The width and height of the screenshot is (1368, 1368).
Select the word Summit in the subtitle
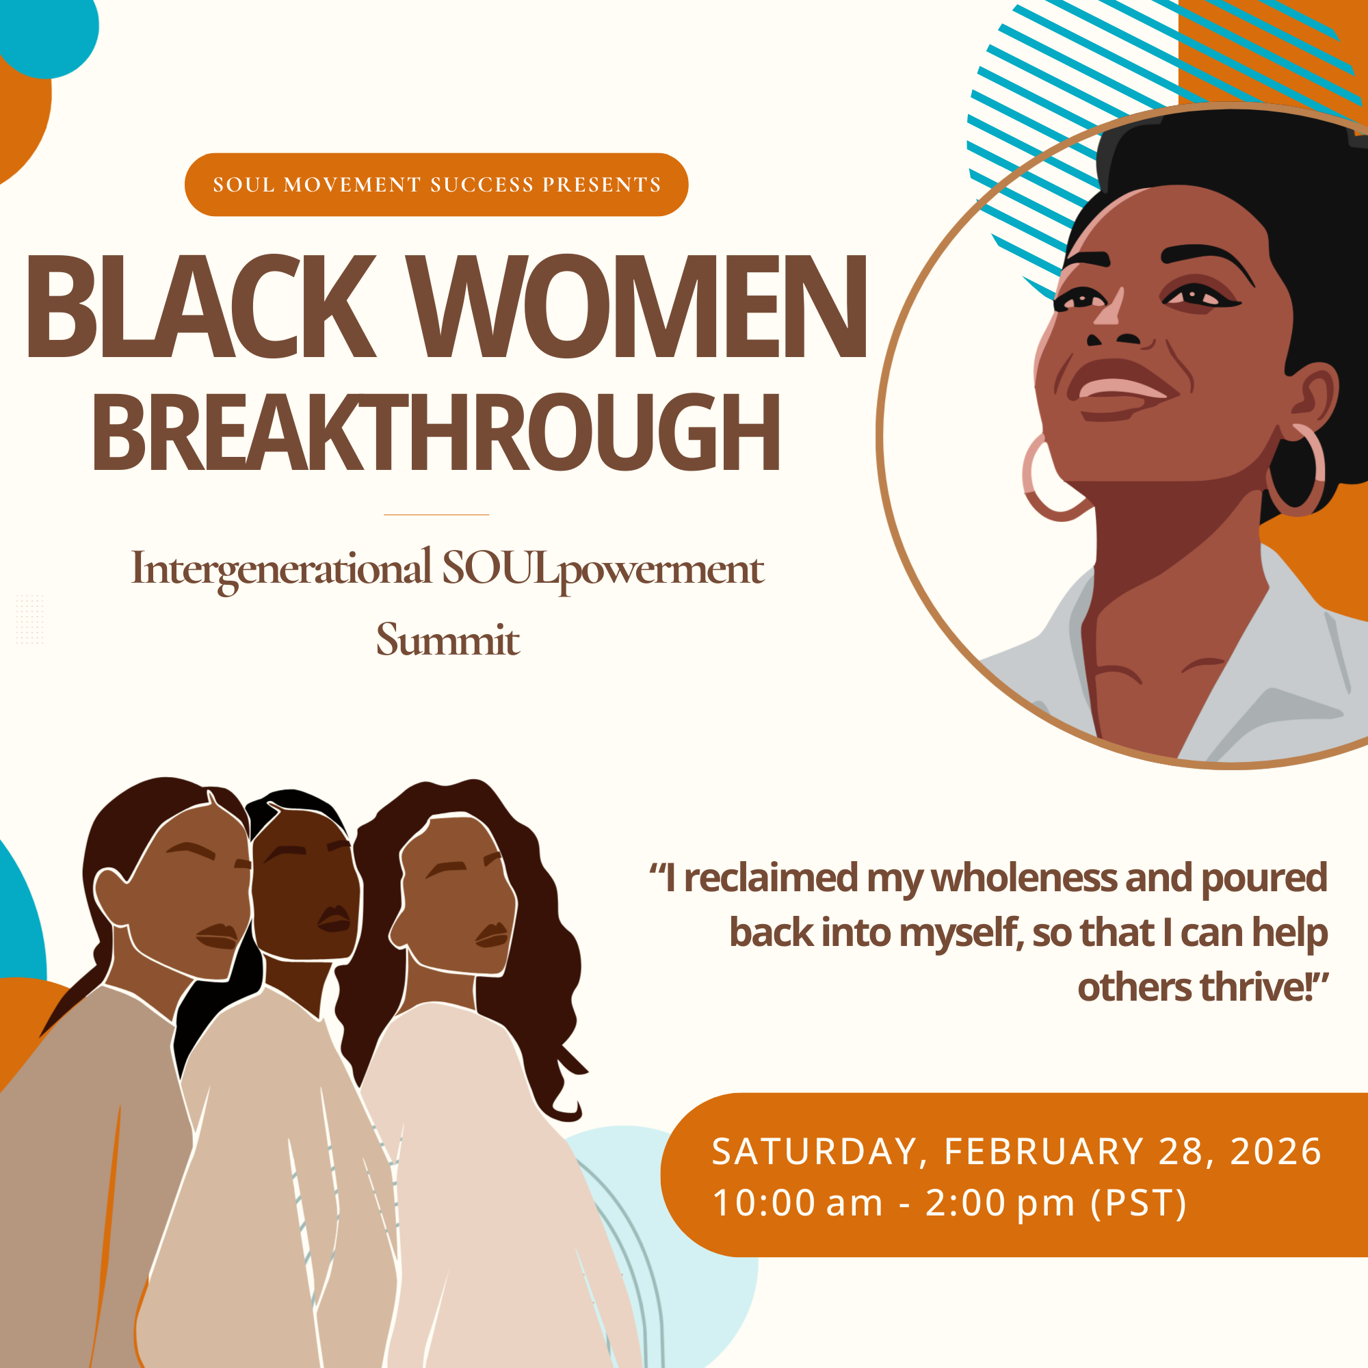click(x=447, y=640)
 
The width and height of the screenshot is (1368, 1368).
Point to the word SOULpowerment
click(x=603, y=568)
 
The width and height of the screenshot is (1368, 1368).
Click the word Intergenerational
click(x=281, y=568)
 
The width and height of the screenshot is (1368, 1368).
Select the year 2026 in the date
click(x=1276, y=1151)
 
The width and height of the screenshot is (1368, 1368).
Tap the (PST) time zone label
click(x=1139, y=1204)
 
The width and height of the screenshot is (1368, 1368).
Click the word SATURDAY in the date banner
click(x=814, y=1151)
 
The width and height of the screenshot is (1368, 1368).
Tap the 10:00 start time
click(x=762, y=1204)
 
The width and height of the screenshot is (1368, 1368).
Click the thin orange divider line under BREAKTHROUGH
click(x=436, y=515)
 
